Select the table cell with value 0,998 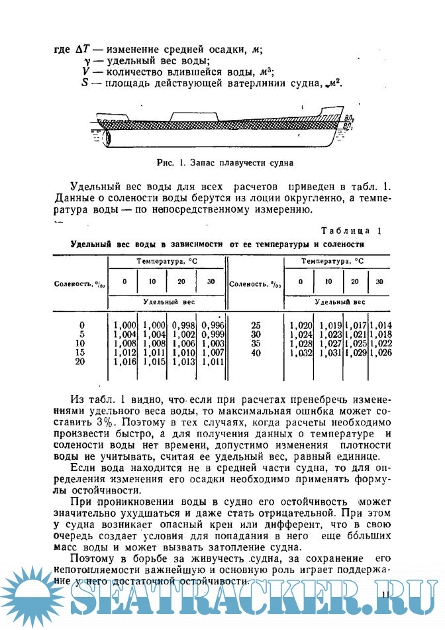183,325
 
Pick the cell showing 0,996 213,325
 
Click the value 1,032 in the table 301,354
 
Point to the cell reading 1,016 124,362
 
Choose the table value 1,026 381,354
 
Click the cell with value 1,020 301,325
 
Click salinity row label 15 81,353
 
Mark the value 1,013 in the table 183,362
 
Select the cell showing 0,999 213,335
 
